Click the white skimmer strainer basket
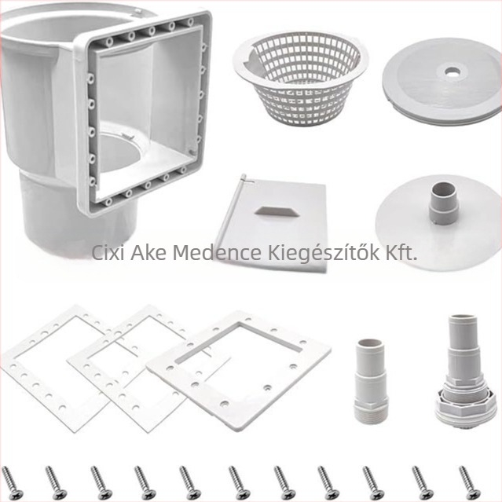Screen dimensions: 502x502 (x=299, y=77)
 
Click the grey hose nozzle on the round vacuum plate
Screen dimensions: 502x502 (x=443, y=203)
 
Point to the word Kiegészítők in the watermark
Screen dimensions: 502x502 (x=323, y=253)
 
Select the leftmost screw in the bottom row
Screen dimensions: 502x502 (x=12, y=484)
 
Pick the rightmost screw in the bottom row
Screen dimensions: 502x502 (x=469, y=484)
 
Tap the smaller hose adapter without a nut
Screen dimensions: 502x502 (x=371, y=380)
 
